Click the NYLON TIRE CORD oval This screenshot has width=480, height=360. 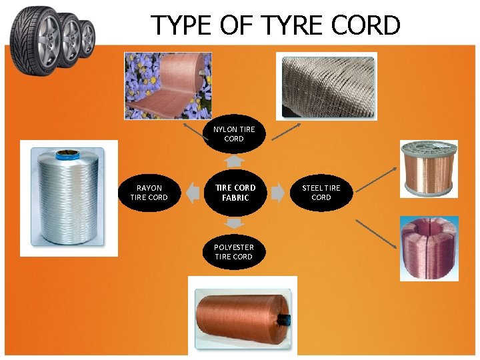point(233,134)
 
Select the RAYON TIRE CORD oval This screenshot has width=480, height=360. point(149,193)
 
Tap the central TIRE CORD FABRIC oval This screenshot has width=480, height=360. point(235,193)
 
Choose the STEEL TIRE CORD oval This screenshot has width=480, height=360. point(321,193)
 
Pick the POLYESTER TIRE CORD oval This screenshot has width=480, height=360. point(233,252)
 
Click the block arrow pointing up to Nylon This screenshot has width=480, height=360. point(233,161)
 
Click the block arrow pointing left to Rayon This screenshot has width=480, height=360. point(193,193)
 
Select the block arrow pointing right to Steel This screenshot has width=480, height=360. point(276,193)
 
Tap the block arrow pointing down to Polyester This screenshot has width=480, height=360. point(234,223)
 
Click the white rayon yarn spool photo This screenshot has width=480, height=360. point(69,198)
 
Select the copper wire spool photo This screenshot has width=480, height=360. point(429,169)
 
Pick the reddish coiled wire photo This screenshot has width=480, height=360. point(429,248)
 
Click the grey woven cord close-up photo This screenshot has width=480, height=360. point(328,85)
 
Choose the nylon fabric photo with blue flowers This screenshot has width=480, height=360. point(167,86)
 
